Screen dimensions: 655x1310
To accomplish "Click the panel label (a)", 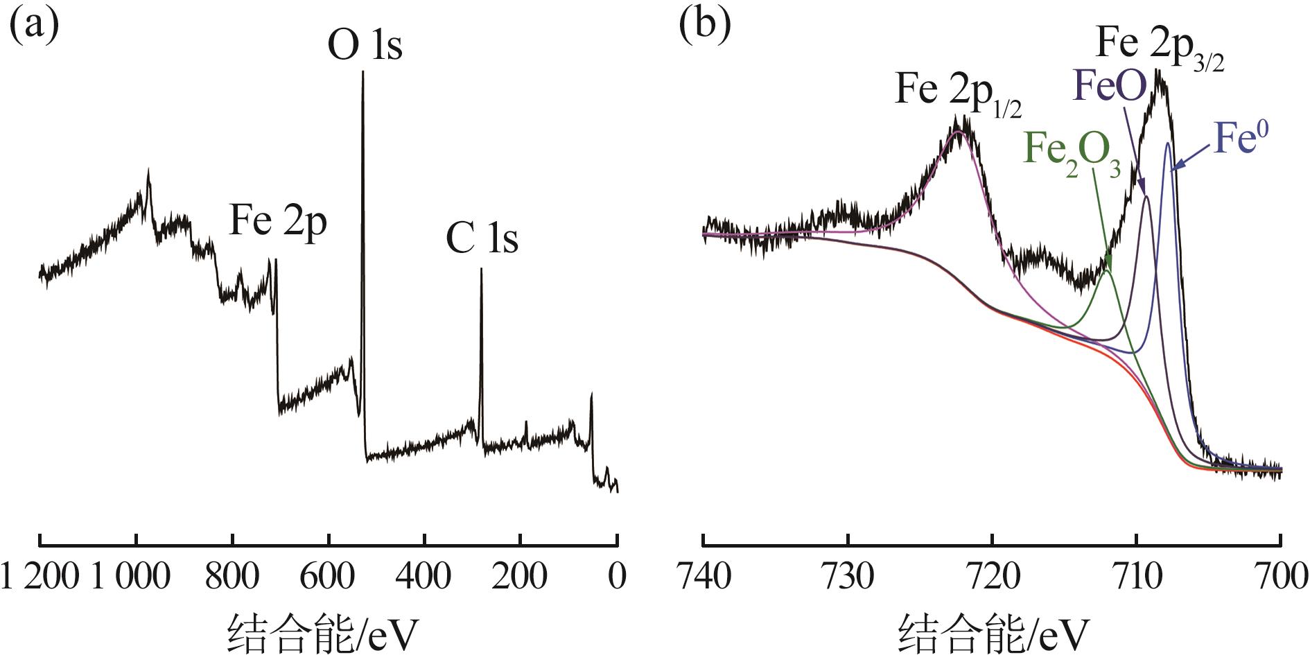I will click(x=33, y=26).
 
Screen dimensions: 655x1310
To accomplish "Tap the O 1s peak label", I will click(x=365, y=46).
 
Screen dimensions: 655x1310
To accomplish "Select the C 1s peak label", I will click(x=482, y=240).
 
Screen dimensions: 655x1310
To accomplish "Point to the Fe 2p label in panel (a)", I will click(x=277, y=222).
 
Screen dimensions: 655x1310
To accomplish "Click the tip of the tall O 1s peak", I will click(x=363, y=72).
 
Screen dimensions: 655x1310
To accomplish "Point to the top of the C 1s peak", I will click(x=481, y=270).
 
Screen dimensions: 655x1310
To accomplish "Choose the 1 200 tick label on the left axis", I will click(x=40, y=577).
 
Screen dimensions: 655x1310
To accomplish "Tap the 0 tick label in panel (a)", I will click(x=617, y=577).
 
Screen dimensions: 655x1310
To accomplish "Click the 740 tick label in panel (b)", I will click(x=703, y=577).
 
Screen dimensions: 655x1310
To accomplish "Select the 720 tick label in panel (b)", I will click(x=992, y=577).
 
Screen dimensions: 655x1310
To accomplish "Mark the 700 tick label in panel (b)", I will click(x=1281, y=577).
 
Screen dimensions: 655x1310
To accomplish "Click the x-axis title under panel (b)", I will click(x=993, y=632).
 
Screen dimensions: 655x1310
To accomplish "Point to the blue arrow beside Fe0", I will click(x=1191, y=159).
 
